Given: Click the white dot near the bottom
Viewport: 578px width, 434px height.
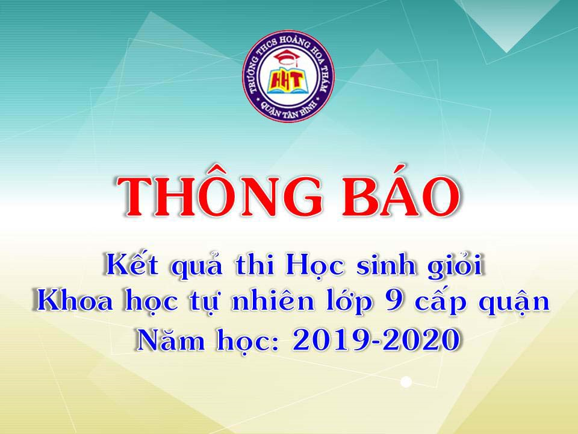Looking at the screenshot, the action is point(406,382).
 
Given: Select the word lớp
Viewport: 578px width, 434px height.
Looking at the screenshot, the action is point(349,303).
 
